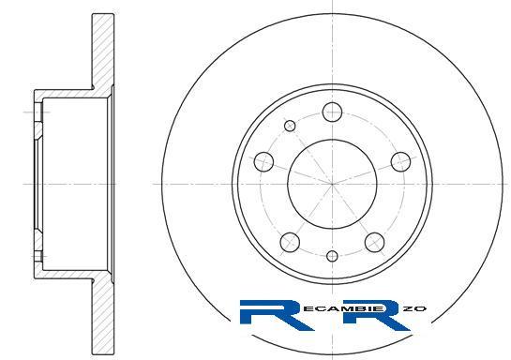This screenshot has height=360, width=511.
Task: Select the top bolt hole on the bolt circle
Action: pos(332,112)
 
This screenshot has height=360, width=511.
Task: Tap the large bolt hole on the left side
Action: pos(263,161)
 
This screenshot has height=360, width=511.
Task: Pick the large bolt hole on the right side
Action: pos(400,161)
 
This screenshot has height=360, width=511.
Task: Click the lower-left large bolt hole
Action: pos(290,243)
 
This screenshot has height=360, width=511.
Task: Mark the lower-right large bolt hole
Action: pos(374,243)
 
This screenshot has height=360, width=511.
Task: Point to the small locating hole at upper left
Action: pos(290,126)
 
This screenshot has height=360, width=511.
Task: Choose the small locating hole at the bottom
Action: pos(332,256)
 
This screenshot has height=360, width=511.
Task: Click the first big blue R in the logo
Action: pos(273,315)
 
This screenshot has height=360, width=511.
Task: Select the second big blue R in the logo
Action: pos(375,315)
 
